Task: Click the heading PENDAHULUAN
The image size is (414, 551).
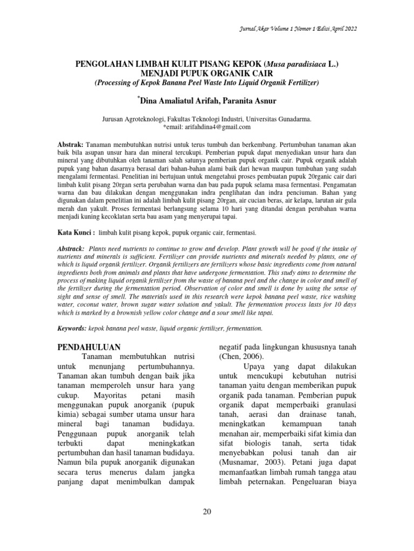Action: pyautogui.click(x=89, y=346)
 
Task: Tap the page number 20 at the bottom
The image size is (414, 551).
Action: pyautogui.click(x=207, y=511)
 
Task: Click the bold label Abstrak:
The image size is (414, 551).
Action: pyautogui.click(x=70, y=146)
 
